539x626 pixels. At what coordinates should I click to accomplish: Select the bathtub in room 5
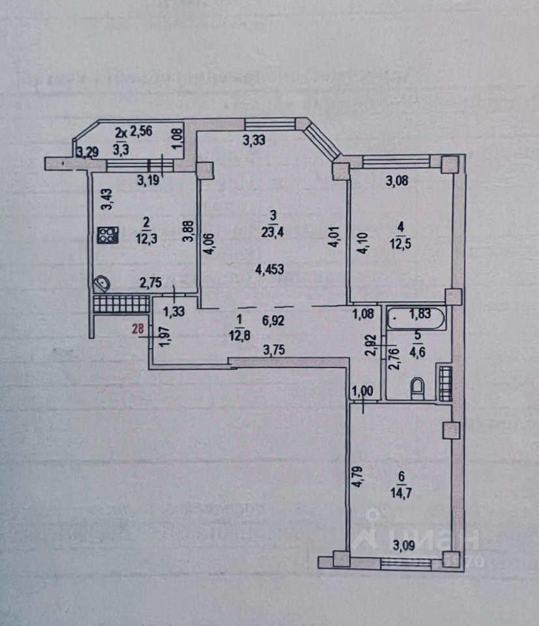coord(416,320)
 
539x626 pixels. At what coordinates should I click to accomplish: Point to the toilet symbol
coord(417,389)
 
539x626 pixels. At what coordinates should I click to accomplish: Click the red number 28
coord(138,329)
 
